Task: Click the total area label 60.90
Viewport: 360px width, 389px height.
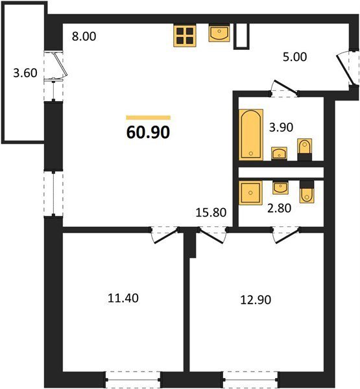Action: point(149,132)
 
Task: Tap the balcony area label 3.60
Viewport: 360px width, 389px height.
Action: point(25,73)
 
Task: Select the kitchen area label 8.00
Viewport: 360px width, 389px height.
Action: point(84,36)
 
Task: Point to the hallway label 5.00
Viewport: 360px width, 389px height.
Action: point(294,57)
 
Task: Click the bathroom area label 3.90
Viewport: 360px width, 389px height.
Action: point(281,127)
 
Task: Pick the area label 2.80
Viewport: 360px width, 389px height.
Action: point(280,208)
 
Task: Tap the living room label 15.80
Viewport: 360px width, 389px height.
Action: point(211,213)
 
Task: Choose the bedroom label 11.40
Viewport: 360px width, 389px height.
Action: point(123,298)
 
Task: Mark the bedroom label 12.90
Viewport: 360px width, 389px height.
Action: point(256,300)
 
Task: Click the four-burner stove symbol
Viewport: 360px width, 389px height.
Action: point(185,36)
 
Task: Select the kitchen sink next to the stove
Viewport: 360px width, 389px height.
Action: point(219,33)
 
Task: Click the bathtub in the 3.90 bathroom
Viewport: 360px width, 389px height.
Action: point(251,134)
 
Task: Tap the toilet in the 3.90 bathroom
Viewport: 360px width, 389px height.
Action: point(305,150)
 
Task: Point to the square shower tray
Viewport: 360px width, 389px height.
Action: point(250,193)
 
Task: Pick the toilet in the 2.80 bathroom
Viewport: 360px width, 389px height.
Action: point(307,192)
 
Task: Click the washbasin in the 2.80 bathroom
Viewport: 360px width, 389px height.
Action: point(280,187)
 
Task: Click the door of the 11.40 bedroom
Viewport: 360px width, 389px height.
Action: point(164,235)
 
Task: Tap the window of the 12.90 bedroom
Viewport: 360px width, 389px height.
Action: point(250,379)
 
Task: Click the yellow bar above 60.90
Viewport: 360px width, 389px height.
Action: point(149,117)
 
